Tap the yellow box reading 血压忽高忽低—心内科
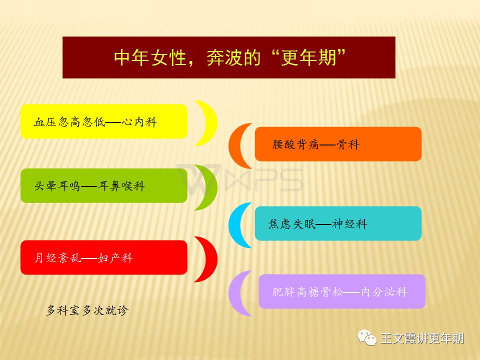(x=104, y=121)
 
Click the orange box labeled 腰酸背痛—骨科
(x=338, y=144)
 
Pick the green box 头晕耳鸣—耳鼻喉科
(x=104, y=185)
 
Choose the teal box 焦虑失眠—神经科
(x=338, y=223)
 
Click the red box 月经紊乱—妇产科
(x=104, y=257)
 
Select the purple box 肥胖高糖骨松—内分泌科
(x=342, y=291)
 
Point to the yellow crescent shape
(x=210, y=123)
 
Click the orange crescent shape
(x=235, y=145)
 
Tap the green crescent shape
(x=210, y=187)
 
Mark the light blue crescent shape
(x=235, y=225)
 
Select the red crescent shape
(x=210, y=259)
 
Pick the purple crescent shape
(x=235, y=293)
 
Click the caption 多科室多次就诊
(x=87, y=310)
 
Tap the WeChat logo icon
(x=367, y=338)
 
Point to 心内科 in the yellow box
(x=139, y=122)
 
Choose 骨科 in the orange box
(x=348, y=144)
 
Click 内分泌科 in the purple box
(x=384, y=291)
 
